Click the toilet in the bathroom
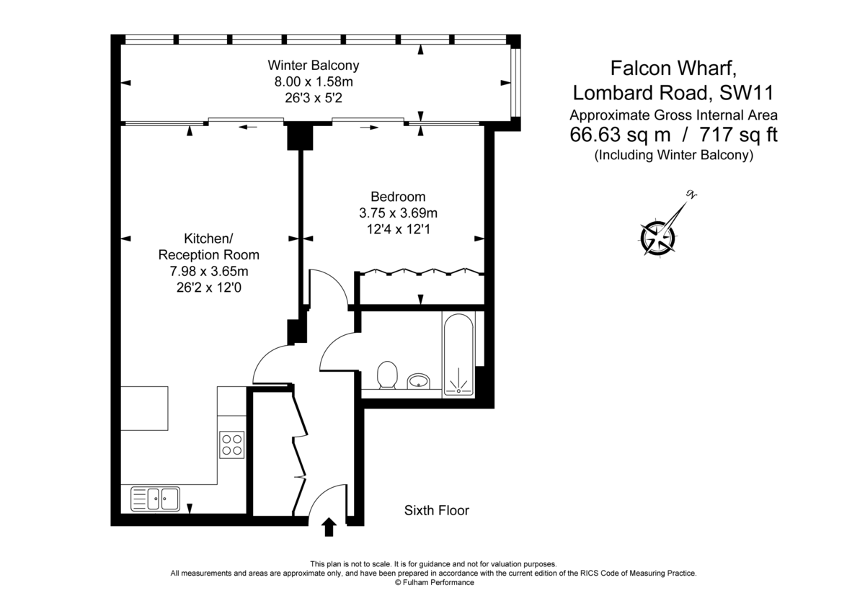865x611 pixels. [x=388, y=375]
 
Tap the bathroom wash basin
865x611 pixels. [x=419, y=380]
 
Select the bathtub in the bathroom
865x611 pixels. [x=458, y=354]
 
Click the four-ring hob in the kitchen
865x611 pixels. [x=232, y=443]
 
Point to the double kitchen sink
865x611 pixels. [x=155, y=499]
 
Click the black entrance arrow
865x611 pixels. [x=329, y=527]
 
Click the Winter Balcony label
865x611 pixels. [x=313, y=65]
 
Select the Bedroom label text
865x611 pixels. [x=398, y=196]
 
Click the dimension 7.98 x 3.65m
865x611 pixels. [x=208, y=271]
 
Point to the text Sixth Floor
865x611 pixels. [x=436, y=511]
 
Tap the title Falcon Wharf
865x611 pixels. [x=673, y=68]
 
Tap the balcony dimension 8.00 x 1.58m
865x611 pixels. [x=313, y=82]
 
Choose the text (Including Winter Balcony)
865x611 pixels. [x=673, y=155]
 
